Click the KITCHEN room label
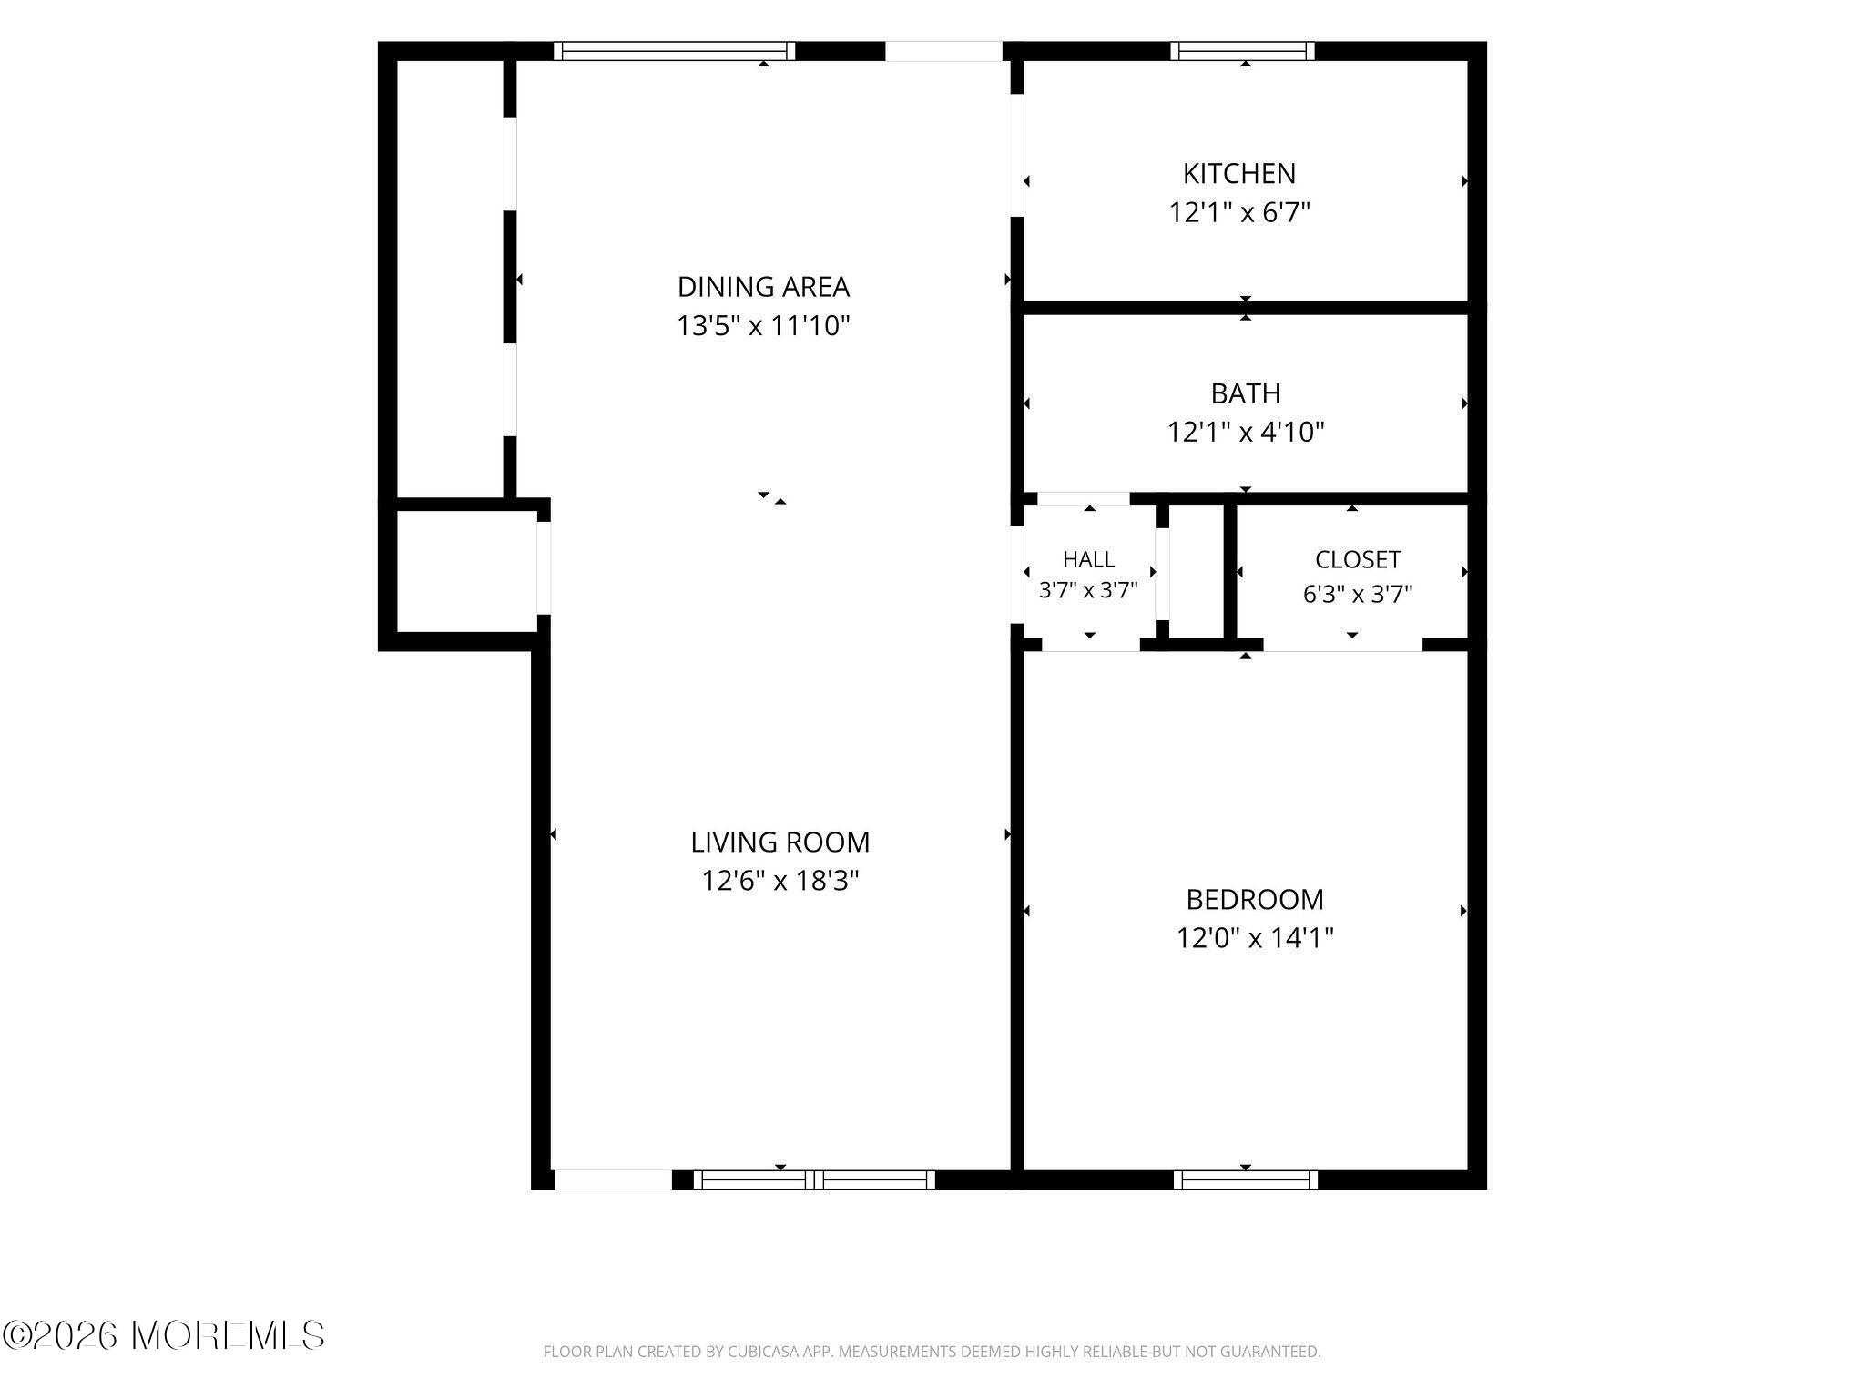[x=1238, y=173]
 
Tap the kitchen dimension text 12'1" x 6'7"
[x=1239, y=212]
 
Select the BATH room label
[x=1245, y=393]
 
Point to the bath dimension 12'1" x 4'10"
[x=1246, y=432]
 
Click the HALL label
[x=1088, y=559]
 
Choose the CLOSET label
[x=1358, y=559]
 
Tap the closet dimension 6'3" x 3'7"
[x=1358, y=594]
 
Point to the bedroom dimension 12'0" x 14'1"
[x=1255, y=938]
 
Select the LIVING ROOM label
[x=780, y=842]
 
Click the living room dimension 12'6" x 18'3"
[x=780, y=881]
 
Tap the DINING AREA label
[x=763, y=287]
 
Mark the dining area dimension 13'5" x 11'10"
[x=763, y=325]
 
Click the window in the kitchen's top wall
[x=1243, y=51]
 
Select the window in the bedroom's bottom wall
[x=1245, y=1179]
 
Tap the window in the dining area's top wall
[x=674, y=51]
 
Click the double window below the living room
[x=814, y=1179]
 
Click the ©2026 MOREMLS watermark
[x=164, y=1335]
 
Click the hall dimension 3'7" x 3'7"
[x=1088, y=590]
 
